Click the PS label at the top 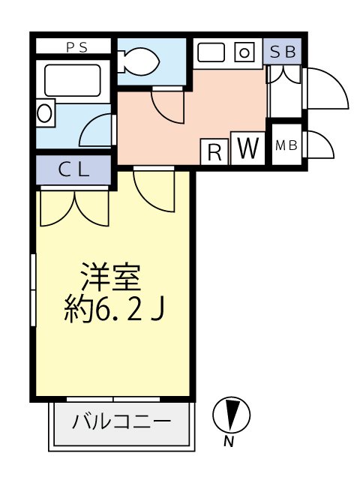(x=76, y=47)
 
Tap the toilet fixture (x=136, y=59)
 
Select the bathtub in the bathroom (x=73, y=80)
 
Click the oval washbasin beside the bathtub (x=45, y=114)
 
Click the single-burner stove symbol (x=245, y=52)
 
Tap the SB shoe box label (x=283, y=52)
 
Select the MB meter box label (x=285, y=145)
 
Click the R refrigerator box (x=214, y=152)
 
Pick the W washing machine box (x=247, y=148)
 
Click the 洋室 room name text (x=111, y=279)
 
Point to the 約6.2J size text (x=112, y=308)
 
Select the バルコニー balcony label (x=121, y=421)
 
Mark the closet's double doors (x=74, y=206)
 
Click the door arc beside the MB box (x=319, y=145)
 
